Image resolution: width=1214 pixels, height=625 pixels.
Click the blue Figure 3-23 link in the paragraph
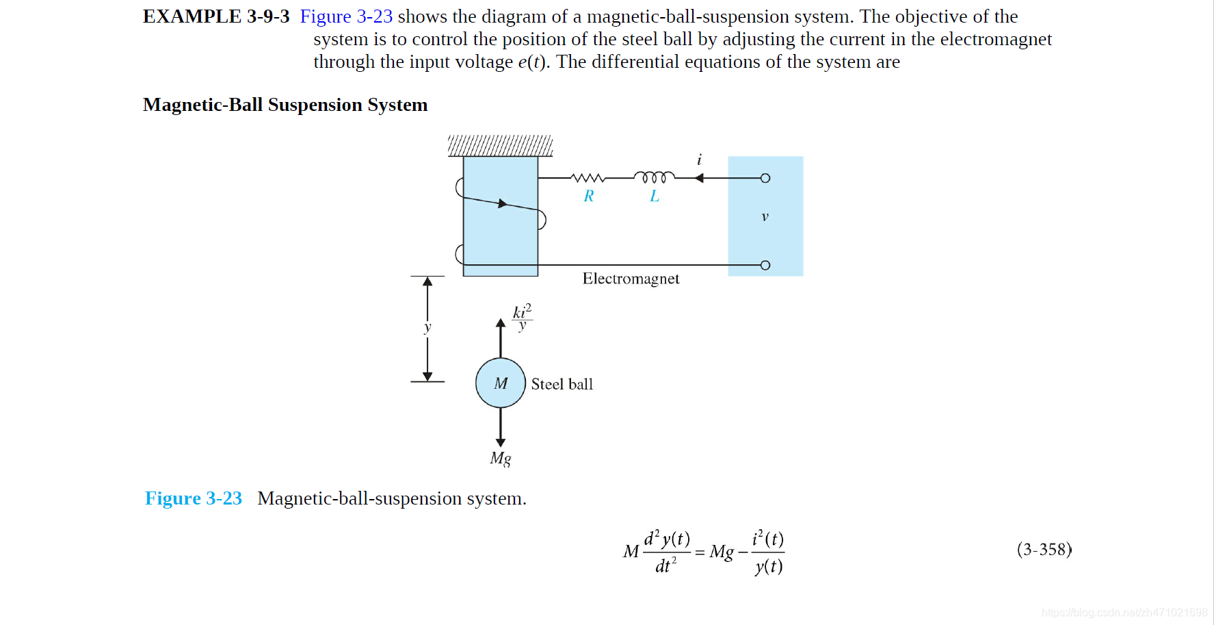[x=346, y=16]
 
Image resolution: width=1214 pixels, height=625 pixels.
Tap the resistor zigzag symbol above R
[x=588, y=178]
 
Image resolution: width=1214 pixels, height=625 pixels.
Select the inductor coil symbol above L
[x=654, y=177]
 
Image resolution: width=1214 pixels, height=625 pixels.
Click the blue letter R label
[x=589, y=196]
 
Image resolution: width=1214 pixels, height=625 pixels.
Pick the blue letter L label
[x=655, y=196]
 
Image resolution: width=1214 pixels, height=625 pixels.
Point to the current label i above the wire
[x=699, y=160]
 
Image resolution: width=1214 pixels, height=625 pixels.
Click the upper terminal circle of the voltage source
[x=765, y=178]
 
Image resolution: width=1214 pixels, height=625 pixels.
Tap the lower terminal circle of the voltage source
[x=765, y=265]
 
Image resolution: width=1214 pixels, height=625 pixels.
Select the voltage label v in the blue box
[x=765, y=217]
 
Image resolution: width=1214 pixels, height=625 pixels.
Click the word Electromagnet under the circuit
[x=631, y=279]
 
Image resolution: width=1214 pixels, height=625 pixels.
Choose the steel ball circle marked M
[x=501, y=383]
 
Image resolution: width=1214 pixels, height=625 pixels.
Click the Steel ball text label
[x=562, y=384]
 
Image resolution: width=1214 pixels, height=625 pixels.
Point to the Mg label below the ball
[x=501, y=458]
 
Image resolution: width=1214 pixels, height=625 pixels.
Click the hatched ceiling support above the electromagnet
[x=500, y=146]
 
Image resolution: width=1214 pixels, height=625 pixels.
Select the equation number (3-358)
[x=1044, y=550]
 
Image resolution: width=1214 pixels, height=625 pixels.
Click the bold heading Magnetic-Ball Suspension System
[x=285, y=105]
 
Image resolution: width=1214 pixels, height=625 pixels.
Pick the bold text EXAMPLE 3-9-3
[x=216, y=16]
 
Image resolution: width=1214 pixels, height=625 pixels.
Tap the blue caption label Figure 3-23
[x=194, y=498]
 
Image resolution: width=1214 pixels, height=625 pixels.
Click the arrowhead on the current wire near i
[x=699, y=178]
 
